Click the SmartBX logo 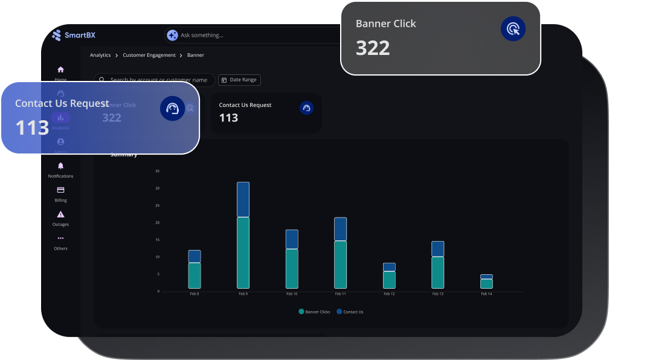(74, 35)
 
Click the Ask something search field (242, 35)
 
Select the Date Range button (239, 80)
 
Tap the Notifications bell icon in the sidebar (60, 166)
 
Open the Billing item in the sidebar (60, 193)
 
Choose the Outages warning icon (60, 214)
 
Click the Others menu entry (60, 242)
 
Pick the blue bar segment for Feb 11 (340, 230)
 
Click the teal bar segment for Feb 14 (486, 283)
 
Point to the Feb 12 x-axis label (389, 294)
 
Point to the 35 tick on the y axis (157, 171)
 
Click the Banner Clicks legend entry (314, 312)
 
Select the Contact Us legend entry (350, 312)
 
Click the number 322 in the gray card (373, 48)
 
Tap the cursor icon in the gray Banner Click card (513, 29)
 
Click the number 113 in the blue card (32, 127)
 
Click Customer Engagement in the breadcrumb (149, 55)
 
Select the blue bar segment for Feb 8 (195, 256)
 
